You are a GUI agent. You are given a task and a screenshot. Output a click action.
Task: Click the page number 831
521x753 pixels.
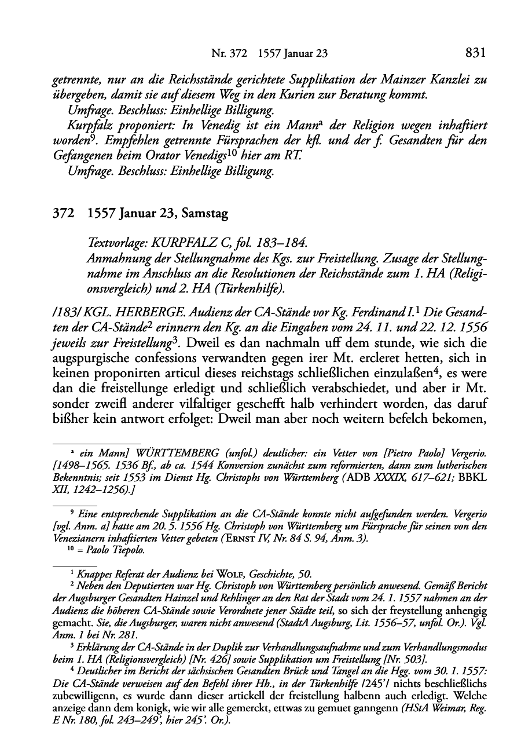point(475,53)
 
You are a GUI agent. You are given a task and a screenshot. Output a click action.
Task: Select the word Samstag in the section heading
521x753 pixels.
point(205,214)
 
